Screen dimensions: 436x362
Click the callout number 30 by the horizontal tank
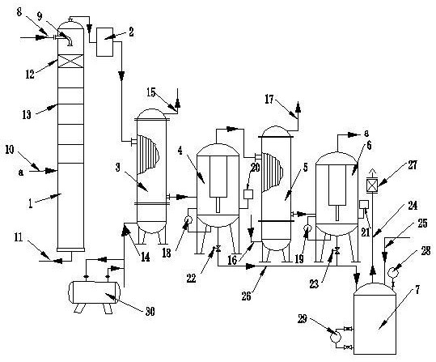pyautogui.click(x=150, y=312)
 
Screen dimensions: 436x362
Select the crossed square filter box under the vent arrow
pyautogui.click(x=372, y=185)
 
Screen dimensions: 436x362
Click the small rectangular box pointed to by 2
pyautogui.click(x=104, y=42)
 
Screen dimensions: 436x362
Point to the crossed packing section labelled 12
pyautogui.click(x=70, y=61)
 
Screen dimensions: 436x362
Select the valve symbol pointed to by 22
pyautogui.click(x=218, y=248)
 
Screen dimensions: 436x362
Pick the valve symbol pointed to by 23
pyautogui.click(x=337, y=251)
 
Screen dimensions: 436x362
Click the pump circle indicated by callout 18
pyautogui.click(x=188, y=221)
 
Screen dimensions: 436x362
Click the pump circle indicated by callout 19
pyautogui.click(x=308, y=228)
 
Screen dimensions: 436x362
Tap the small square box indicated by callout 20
pyautogui.click(x=248, y=194)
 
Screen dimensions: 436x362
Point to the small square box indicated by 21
pyautogui.click(x=364, y=205)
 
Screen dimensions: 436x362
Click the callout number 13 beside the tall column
pyautogui.click(x=27, y=115)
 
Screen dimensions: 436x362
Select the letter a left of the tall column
pyautogui.click(x=21, y=172)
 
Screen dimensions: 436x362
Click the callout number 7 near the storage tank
pyautogui.click(x=417, y=290)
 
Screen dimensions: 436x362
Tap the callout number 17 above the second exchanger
pyautogui.click(x=269, y=100)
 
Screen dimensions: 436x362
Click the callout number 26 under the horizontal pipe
pyautogui.click(x=247, y=296)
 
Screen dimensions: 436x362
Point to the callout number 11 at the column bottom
pyautogui.click(x=19, y=237)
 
